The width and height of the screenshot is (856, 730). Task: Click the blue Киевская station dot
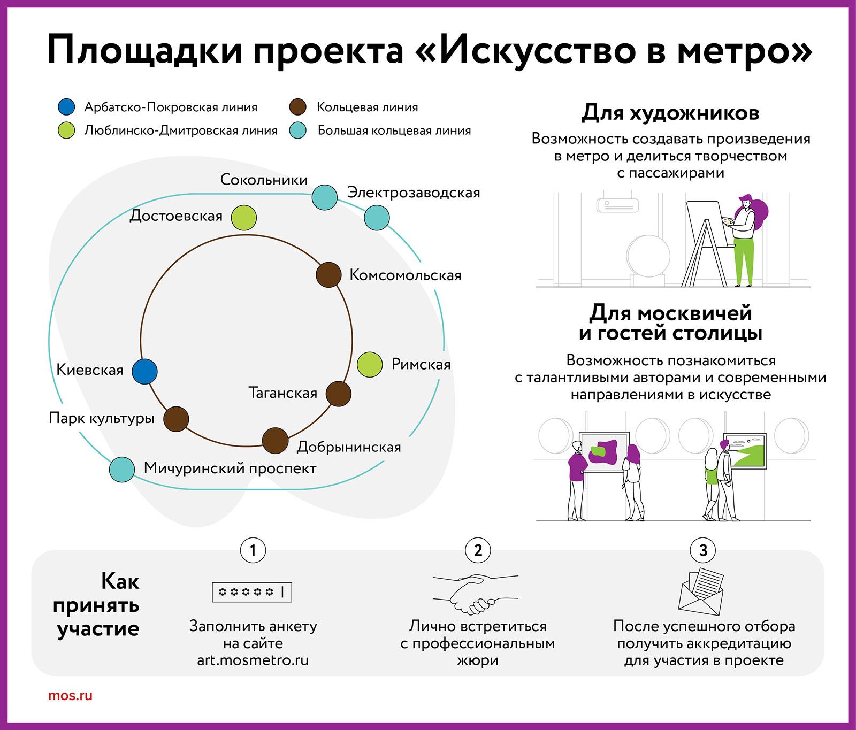144,371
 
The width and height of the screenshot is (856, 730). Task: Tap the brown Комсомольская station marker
328,275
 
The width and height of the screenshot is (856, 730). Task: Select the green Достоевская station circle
244,218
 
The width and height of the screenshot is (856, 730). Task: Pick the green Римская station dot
370,365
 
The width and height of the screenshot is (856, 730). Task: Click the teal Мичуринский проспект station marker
122,470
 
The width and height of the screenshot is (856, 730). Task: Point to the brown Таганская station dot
339,394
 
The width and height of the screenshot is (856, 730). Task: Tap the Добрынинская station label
349,447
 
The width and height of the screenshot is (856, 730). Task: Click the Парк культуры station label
102,418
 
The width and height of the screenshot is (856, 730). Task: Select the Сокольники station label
264,179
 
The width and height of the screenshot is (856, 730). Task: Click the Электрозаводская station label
414,193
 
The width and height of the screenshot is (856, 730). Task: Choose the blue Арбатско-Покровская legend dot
66,107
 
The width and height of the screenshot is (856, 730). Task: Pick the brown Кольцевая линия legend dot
297,107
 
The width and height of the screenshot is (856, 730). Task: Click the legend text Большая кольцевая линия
394,130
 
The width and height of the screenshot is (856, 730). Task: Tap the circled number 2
478,550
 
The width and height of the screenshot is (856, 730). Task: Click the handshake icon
476,594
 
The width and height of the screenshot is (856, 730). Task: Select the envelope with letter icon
701,591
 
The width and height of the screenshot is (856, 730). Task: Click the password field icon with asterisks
252,592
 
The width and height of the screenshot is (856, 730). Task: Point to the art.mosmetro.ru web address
253,660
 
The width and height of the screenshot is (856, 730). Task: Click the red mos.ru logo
70,696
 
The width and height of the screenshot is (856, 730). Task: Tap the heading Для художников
670,113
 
